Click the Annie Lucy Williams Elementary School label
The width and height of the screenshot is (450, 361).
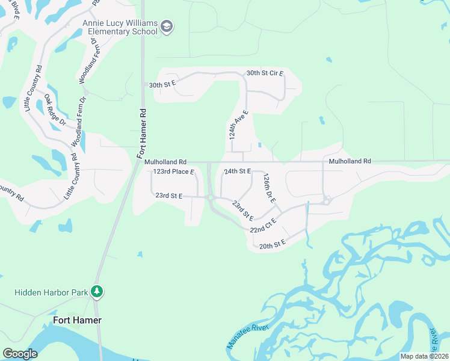[120, 27]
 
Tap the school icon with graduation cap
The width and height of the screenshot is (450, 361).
[167, 27]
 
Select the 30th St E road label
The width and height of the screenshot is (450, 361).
[162, 85]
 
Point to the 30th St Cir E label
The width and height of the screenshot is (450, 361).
[265, 73]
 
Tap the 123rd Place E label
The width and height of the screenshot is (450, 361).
[174, 172]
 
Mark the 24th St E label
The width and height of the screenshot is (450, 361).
[237, 171]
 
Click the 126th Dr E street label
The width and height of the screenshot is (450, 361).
[269, 188]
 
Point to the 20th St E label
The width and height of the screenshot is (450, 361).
[271, 244]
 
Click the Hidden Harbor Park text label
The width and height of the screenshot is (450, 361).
[51, 292]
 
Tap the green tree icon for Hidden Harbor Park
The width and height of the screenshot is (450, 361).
[97, 292]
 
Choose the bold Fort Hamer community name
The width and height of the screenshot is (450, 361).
[77, 320]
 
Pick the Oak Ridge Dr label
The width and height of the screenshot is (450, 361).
[55, 109]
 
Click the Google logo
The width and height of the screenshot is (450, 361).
[20, 354]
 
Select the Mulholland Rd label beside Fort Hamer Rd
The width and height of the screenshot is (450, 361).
[165, 162]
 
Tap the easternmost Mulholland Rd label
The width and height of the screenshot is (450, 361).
[350, 161]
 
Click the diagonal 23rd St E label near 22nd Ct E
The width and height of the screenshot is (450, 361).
[242, 211]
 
